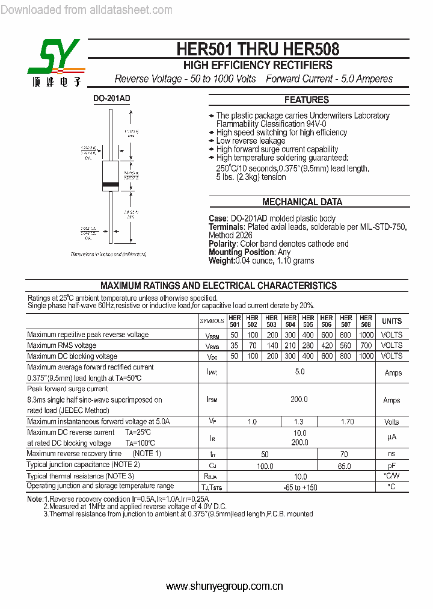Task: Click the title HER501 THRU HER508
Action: tap(257, 49)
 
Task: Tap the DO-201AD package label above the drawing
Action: tap(111, 99)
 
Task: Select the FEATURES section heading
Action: tap(306, 100)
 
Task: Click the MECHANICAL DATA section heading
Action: tap(302, 202)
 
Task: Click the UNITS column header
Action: tap(392, 321)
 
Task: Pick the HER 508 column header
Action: tap(366, 321)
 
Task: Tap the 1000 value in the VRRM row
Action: tap(366, 335)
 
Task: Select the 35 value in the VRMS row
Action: tap(235, 345)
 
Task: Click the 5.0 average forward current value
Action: tap(299, 372)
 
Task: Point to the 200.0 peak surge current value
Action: tap(299, 399)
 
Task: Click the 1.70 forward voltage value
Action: tap(347, 422)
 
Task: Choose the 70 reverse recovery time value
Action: tap(344, 454)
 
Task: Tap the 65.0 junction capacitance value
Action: tap(345, 466)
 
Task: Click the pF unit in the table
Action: tap(392, 466)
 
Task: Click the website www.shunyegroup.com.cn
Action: tap(224, 586)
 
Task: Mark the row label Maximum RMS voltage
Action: tap(62, 345)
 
